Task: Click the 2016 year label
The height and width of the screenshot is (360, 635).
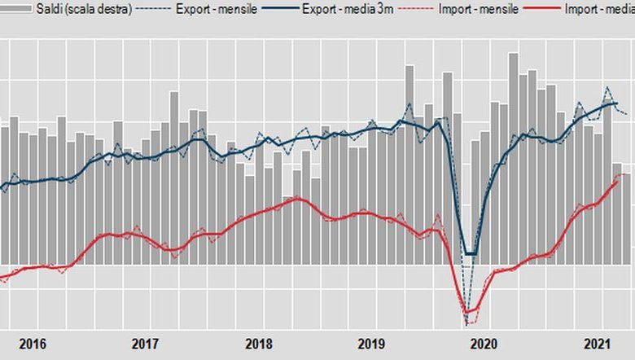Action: [31, 344]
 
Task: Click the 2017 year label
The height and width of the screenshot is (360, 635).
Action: [144, 344]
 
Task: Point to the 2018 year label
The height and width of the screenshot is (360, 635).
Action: [258, 344]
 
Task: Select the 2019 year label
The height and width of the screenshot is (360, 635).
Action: [371, 344]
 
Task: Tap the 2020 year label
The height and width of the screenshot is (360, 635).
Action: [484, 344]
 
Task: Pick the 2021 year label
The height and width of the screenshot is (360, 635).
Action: [598, 344]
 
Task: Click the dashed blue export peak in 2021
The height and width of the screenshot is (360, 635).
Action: [607, 87]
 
